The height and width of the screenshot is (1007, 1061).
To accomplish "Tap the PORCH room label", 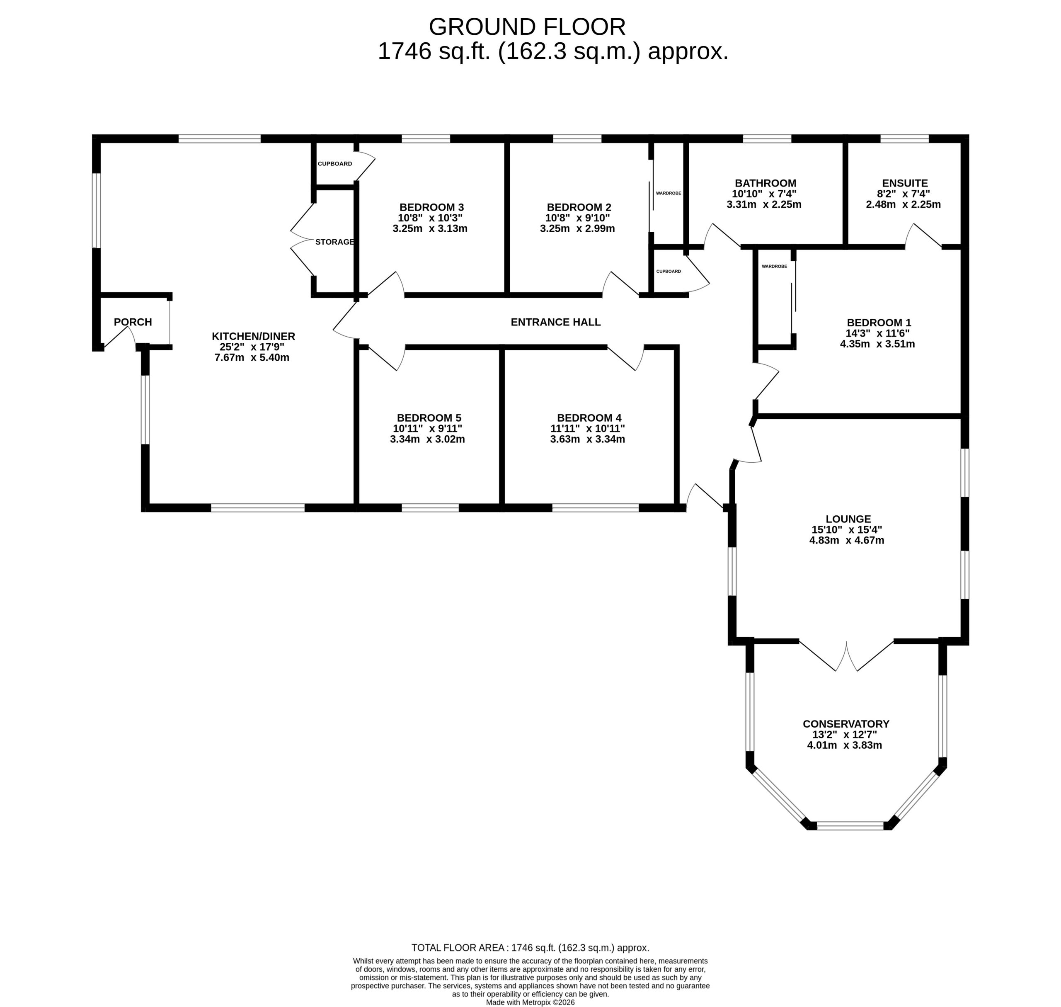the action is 133,322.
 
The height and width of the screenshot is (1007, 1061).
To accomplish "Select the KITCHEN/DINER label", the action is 253,337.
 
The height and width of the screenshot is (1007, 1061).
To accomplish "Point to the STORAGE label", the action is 335,242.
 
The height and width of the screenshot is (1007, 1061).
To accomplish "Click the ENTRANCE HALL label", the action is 555,322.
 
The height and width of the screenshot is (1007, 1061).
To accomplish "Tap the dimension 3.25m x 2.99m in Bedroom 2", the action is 577,229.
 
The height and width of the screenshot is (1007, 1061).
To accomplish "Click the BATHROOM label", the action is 765,183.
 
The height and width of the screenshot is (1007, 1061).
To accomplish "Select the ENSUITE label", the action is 905,183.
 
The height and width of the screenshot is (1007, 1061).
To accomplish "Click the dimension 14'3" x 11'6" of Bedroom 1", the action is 878,333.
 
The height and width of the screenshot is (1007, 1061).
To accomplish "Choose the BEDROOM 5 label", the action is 429,417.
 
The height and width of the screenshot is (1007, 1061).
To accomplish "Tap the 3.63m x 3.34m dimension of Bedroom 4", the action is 588,439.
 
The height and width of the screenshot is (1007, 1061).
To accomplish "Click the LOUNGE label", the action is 848,519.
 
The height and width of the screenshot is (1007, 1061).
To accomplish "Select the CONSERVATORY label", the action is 846,724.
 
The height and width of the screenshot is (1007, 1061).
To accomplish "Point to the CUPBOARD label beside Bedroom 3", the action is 335,164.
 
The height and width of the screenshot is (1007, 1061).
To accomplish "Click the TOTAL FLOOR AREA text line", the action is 530,948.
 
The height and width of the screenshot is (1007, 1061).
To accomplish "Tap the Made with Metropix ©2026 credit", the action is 530,1002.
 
